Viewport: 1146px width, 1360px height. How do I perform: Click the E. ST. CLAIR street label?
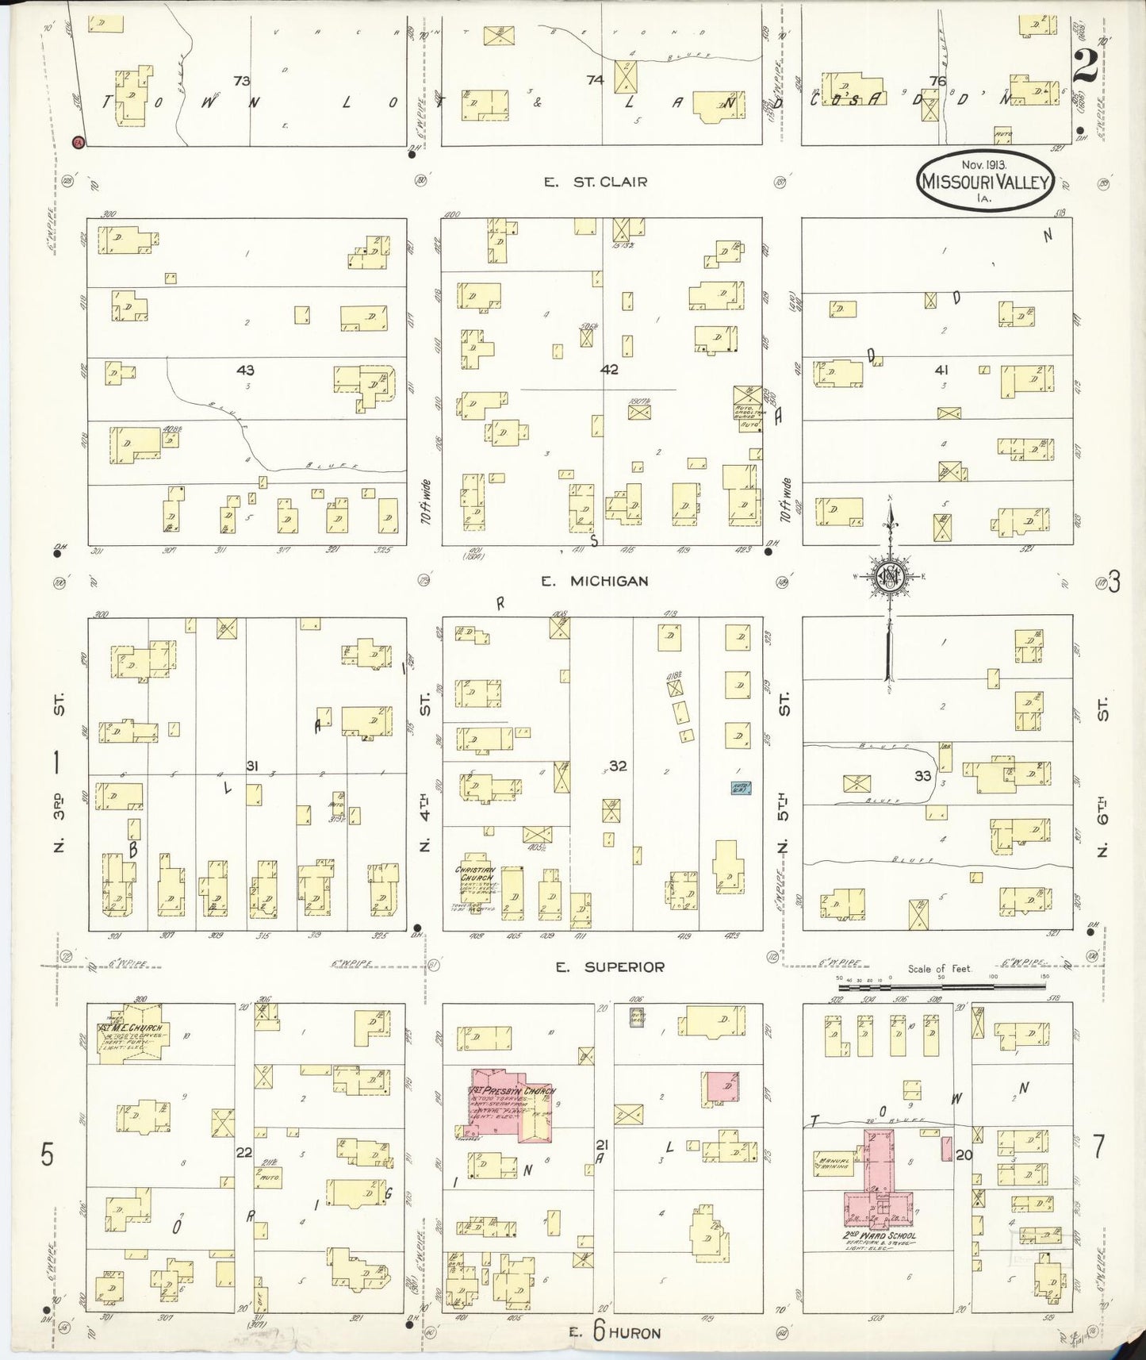pyautogui.click(x=595, y=182)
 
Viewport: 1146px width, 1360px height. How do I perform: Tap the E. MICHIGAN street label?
pyautogui.click(x=595, y=581)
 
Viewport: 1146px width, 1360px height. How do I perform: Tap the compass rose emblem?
pyautogui.click(x=891, y=578)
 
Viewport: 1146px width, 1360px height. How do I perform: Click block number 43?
pyautogui.click(x=245, y=370)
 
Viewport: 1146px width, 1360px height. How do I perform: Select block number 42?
pyautogui.click(x=609, y=370)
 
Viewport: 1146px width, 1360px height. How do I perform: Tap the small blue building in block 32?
pyautogui.click(x=741, y=787)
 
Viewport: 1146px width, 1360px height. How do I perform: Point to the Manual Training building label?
pyautogui.click(x=832, y=1165)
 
